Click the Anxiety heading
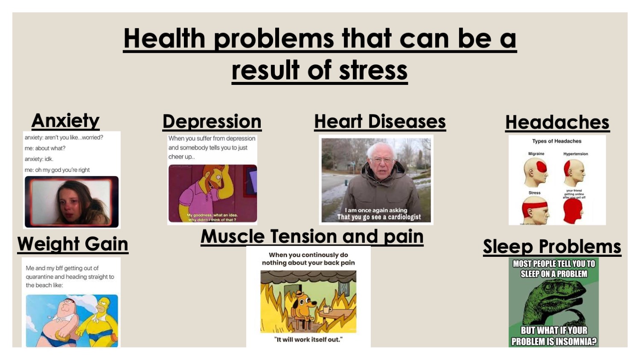[65, 121]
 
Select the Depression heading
[212, 122]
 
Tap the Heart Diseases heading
[380, 122]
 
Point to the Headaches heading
[557, 123]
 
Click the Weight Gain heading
[73, 244]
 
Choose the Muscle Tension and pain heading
[312, 237]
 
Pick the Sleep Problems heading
[552, 247]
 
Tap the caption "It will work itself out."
[308, 340]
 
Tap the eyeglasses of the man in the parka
[382, 161]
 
